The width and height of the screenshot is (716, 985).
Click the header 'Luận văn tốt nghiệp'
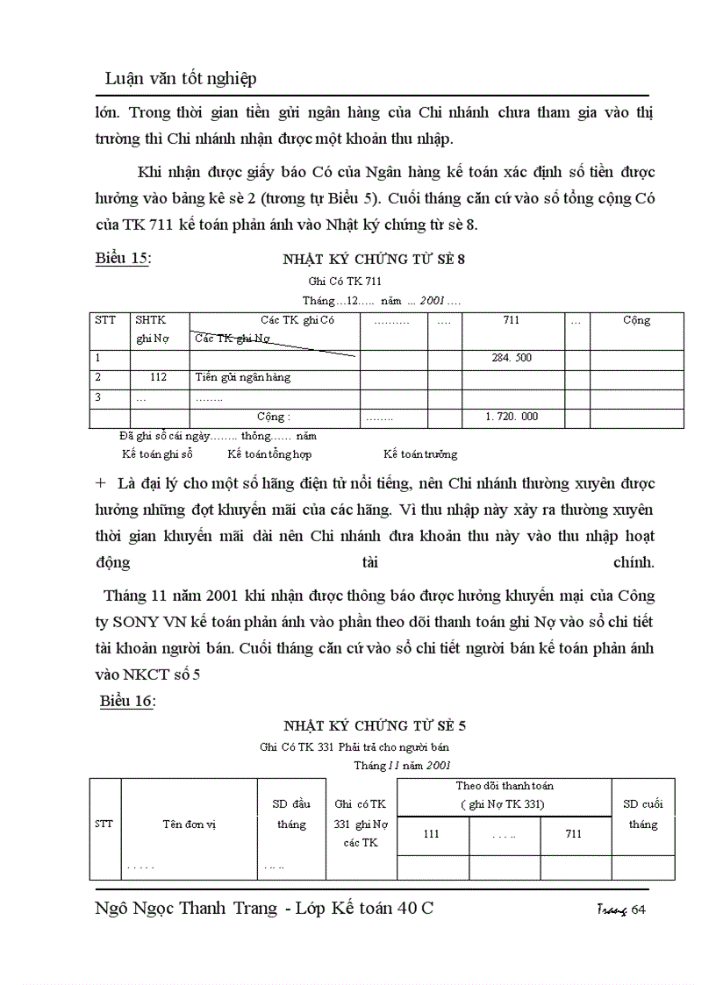181,79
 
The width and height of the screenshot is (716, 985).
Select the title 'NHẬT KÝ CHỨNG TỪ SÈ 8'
373,259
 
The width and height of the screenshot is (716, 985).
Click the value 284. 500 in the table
512,358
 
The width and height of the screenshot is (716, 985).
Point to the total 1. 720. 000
512,417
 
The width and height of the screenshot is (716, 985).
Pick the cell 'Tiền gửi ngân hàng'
242,377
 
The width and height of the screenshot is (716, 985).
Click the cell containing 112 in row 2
158,377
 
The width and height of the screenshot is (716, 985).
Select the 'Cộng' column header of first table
636,320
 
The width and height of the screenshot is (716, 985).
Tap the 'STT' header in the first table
104,320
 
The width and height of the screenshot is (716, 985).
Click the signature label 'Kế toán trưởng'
420,454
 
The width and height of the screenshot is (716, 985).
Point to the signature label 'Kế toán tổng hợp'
269,454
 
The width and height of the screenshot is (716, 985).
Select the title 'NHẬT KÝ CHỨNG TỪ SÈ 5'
375,725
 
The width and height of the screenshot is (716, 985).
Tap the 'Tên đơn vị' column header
189,824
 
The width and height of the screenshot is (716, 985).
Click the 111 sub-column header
432,834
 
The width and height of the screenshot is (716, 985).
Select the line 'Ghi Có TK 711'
345,281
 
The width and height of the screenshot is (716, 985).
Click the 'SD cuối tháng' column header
643,814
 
